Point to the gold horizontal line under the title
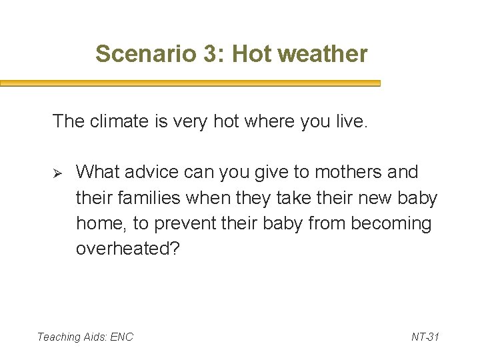[190, 84]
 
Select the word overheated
[127, 249]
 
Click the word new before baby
[377, 198]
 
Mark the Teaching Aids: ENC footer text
[85, 337]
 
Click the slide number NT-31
[425, 337]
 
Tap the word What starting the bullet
[97, 172]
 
